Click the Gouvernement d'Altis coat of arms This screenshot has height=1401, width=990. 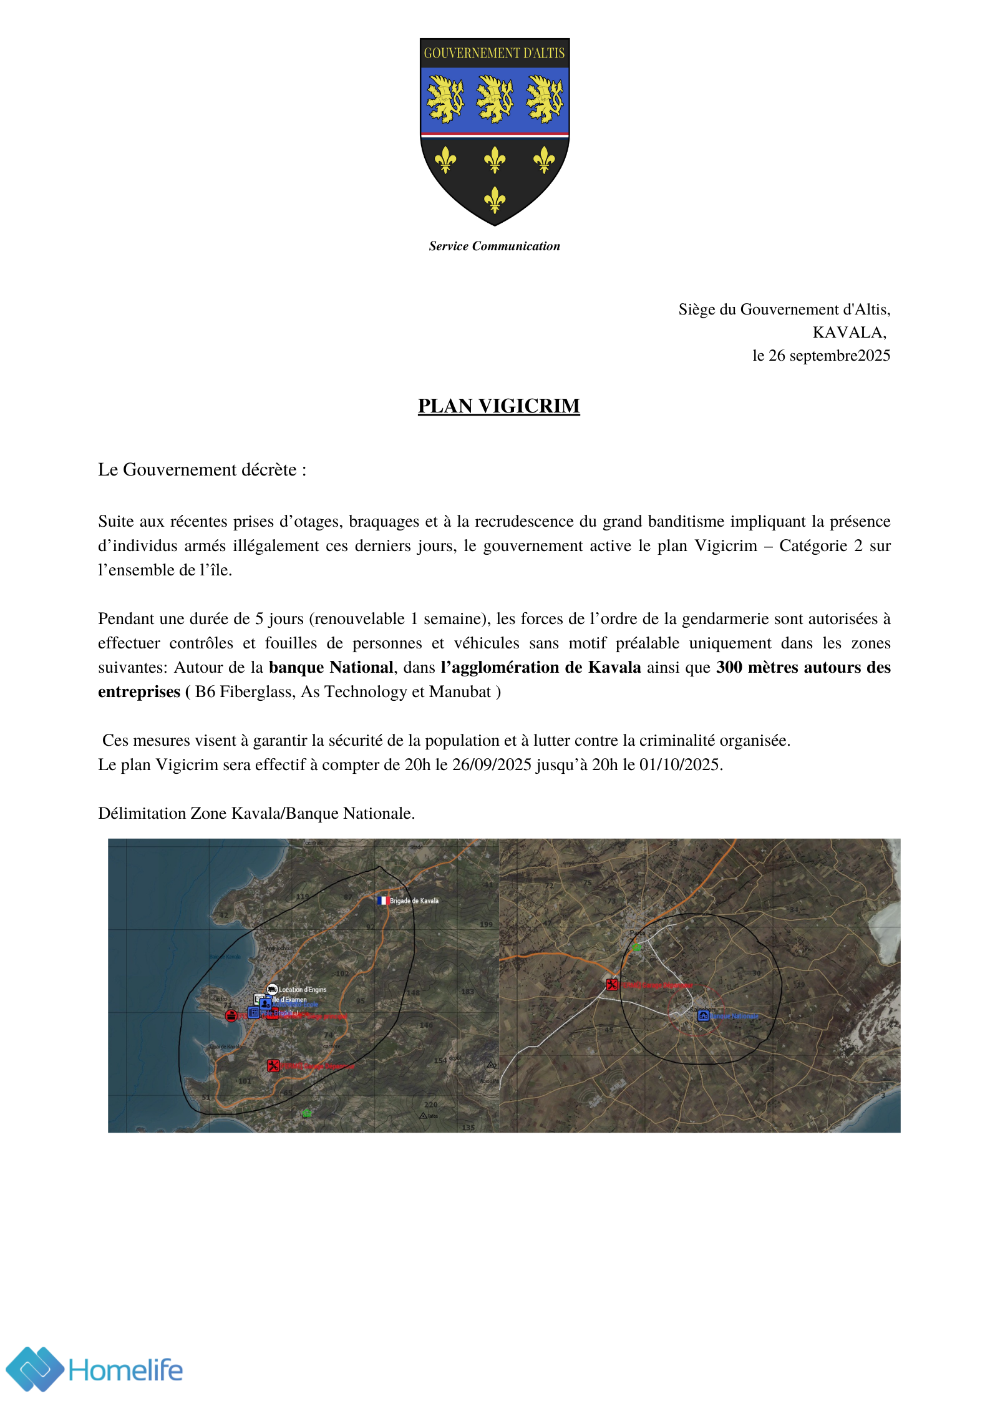pos(494,131)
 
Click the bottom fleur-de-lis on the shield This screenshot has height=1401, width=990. pos(495,200)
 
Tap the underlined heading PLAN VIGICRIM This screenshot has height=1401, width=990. pos(498,406)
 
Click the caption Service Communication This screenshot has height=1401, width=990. pos(494,246)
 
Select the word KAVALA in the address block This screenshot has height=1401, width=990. pos(848,332)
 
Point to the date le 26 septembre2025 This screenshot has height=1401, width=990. pos(821,355)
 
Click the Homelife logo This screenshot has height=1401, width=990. pos(94,1370)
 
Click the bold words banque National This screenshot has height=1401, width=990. pos(331,667)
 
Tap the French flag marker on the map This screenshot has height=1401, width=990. pos(382,901)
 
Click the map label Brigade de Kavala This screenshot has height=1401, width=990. pos(414,901)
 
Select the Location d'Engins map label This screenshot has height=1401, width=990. pos(303,989)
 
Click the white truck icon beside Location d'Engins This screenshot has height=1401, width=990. pos(272,989)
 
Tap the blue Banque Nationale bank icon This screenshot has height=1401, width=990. pos(703,1016)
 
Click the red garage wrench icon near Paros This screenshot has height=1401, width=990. pos(612,985)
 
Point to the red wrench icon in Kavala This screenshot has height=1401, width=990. pos(273,1065)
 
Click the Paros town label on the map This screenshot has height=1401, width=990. pos(637,933)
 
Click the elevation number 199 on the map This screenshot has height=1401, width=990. pos(486,924)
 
